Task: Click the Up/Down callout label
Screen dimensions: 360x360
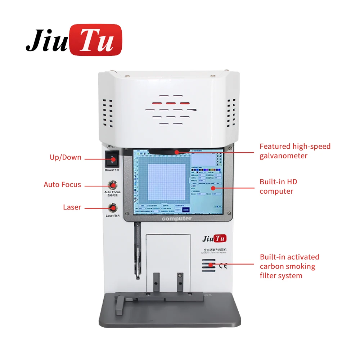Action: [x=65, y=157]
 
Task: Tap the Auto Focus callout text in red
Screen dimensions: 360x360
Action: [x=62, y=185]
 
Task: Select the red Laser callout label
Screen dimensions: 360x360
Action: [x=72, y=207]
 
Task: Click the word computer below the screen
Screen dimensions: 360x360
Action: [x=177, y=219]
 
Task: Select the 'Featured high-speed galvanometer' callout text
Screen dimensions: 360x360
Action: [x=295, y=151]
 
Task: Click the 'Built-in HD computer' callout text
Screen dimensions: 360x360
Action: [x=278, y=186]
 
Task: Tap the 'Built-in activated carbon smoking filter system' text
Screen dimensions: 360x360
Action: [x=289, y=266]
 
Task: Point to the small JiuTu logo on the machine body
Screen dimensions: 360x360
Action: [x=215, y=238]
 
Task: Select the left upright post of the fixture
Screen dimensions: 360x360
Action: [x=156, y=284]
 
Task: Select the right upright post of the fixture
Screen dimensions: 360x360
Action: [x=180, y=284]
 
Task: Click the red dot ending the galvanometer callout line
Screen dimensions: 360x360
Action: [x=177, y=152]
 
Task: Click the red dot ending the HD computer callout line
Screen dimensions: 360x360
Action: [x=213, y=188]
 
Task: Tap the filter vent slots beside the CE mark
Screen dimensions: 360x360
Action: [x=208, y=267]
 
